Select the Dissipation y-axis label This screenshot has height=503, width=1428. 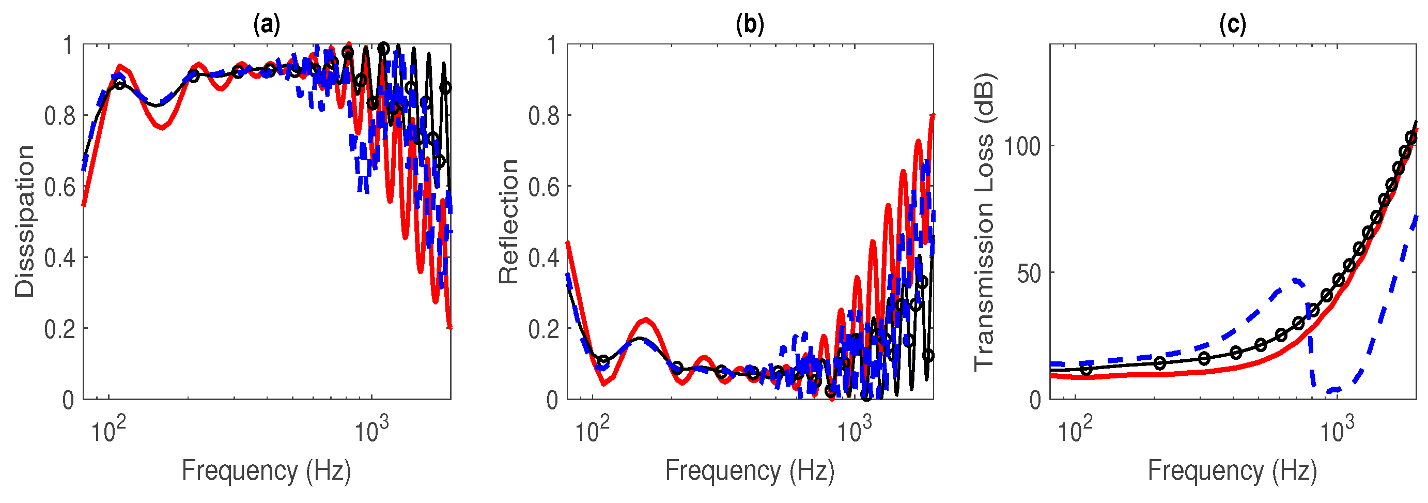coord(24,221)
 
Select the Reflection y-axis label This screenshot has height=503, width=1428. coord(508,221)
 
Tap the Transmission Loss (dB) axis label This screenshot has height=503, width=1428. coord(985,221)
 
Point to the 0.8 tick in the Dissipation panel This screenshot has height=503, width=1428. coord(59,116)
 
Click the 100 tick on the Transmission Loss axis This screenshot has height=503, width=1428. coord(1022,146)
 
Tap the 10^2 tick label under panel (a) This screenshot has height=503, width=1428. coord(108,430)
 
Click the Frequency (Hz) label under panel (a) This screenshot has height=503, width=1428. coord(267,471)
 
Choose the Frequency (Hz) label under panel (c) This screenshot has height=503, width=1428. coord(1232,471)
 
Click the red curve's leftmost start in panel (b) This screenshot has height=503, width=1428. coord(567,242)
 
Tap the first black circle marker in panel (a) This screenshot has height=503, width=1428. coord(120,84)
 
